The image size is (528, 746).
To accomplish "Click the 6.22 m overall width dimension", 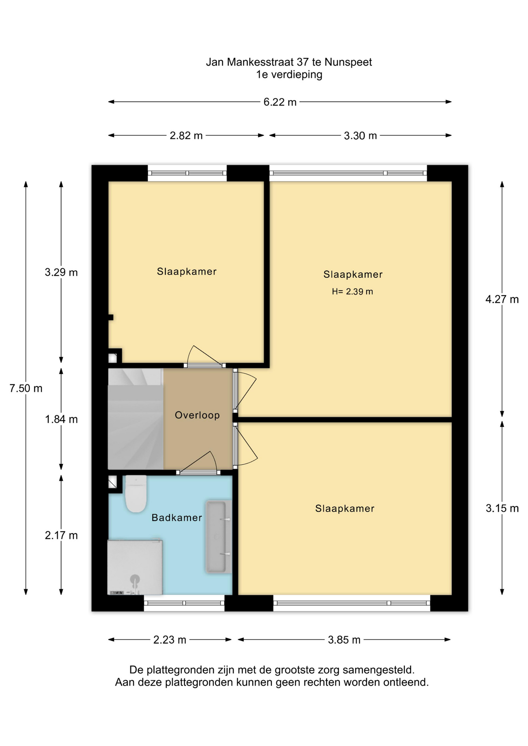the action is (280, 102).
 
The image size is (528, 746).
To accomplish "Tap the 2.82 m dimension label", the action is (186, 136).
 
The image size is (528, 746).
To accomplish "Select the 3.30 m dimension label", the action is (360, 136).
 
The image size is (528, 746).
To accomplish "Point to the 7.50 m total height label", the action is (26, 388).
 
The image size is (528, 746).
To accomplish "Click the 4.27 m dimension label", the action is (502, 299).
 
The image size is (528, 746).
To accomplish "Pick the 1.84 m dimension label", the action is (61, 419).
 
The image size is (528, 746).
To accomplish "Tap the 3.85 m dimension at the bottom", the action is (344, 640).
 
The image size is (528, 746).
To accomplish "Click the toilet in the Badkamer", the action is (136, 493).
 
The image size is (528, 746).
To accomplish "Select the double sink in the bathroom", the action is (219, 537).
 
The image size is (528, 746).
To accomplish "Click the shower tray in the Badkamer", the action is (135, 567).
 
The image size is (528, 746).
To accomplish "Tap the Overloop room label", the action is (198, 415).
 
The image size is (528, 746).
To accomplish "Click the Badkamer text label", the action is (177, 518).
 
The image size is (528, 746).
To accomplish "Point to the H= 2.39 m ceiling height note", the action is (352, 291).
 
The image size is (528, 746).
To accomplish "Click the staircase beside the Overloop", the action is (135, 419).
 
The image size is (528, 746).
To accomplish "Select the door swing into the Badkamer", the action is (198, 462).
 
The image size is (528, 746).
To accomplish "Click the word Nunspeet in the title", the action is (348, 62).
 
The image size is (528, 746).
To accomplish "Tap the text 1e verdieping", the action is (289, 75).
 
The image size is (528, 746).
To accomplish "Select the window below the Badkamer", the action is (184, 603).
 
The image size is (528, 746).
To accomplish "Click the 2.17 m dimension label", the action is (61, 535).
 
